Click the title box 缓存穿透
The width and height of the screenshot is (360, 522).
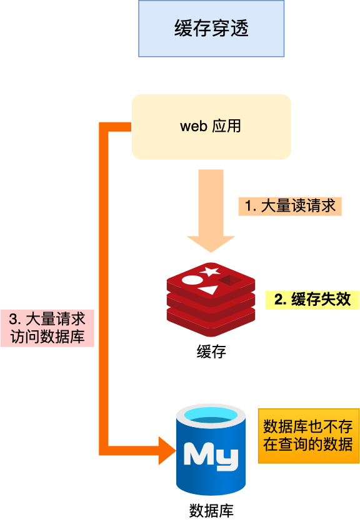pos(211,29)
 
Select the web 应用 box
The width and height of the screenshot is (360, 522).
pos(211,126)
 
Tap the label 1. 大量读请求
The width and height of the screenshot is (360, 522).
pos(290,206)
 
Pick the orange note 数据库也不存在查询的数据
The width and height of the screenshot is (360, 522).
pos(308,436)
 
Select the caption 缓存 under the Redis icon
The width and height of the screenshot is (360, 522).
pos(211,352)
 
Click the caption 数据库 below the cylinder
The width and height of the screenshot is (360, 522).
pos(211,510)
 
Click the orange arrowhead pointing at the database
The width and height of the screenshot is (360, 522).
pos(167,450)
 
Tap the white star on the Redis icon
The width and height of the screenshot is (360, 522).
pos(211,271)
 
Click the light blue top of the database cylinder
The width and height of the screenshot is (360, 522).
pos(211,414)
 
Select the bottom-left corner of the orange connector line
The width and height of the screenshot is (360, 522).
pos(104,450)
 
